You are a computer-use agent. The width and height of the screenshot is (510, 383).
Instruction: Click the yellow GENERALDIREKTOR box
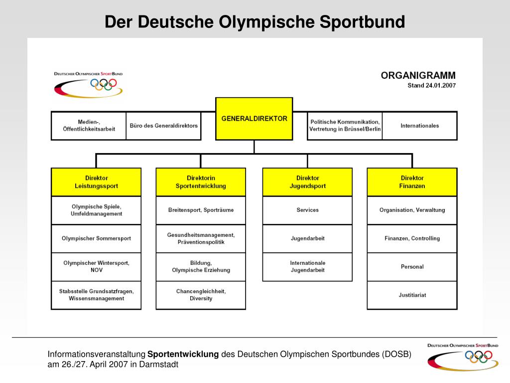[x=254, y=119]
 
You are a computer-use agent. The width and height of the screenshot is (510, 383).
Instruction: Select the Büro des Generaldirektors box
[x=163, y=126]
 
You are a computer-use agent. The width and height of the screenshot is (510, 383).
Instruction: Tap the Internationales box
[x=419, y=126]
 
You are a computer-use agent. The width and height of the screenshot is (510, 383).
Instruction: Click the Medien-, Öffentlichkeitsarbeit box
[x=89, y=126]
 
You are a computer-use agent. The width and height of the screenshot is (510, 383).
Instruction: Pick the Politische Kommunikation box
[x=345, y=126]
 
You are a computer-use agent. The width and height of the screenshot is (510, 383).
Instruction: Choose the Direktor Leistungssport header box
[x=96, y=182]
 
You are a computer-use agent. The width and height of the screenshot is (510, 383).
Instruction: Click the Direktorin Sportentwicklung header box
[x=201, y=182]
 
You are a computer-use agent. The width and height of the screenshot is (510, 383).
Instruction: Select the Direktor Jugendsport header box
[x=307, y=182]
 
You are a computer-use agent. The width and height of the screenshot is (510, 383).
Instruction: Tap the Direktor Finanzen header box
[x=412, y=182]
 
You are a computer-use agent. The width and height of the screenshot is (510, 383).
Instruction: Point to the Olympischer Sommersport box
[x=96, y=238]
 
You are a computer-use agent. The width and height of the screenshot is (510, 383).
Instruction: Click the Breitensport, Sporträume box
[x=201, y=210]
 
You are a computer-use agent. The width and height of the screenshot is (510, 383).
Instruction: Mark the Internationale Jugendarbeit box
[x=307, y=267]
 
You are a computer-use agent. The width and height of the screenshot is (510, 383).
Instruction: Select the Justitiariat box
[x=412, y=295]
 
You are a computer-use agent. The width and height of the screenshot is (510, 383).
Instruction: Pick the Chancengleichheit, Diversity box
[x=201, y=295]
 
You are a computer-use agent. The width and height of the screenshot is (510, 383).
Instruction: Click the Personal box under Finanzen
[x=412, y=267]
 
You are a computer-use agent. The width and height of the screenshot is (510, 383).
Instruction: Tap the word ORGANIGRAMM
[x=418, y=76]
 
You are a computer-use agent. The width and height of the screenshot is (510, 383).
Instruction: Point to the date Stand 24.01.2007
[x=431, y=85]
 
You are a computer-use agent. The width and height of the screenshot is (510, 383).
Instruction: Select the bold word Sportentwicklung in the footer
[x=183, y=355]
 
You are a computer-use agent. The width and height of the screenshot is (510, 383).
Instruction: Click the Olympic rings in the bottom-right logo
[x=478, y=356]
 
